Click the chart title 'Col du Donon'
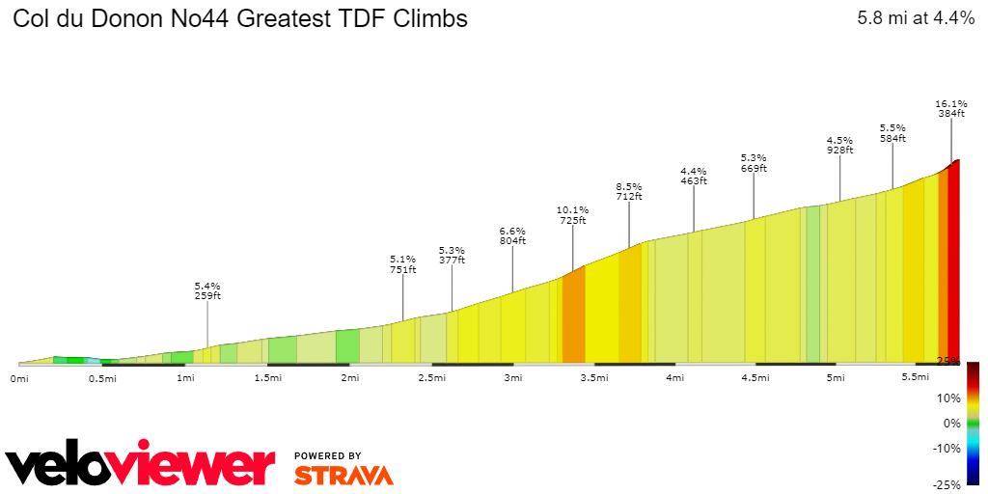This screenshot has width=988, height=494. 239,18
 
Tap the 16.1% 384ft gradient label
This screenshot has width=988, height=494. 951,108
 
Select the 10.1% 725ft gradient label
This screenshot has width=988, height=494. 572,214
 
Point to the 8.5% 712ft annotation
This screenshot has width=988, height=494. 629,191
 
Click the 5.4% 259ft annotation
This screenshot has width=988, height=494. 207,290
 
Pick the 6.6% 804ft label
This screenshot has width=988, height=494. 512,235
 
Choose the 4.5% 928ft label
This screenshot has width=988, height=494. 839,144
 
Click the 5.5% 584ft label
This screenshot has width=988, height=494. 892,133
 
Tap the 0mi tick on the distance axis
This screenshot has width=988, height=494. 19,378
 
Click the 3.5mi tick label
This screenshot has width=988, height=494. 594,378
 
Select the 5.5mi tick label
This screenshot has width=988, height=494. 916,378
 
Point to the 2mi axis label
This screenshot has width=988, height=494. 349,378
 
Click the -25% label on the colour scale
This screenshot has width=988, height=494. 947,485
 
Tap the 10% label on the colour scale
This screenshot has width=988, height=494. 949,398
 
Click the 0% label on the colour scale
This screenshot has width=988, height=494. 952,423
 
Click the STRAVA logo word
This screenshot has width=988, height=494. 343,475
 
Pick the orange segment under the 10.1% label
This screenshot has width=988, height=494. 574,318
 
